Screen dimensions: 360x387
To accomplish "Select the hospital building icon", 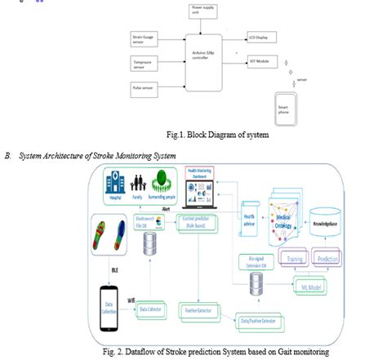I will pos(116,184).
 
